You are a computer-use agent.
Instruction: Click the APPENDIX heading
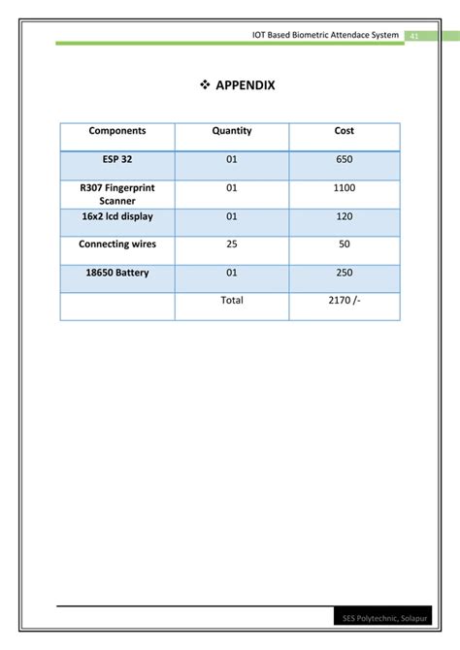pyautogui.click(x=245, y=85)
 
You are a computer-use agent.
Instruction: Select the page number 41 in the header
pyautogui.click(x=413, y=35)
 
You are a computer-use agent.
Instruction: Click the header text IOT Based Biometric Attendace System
pyautogui.click(x=325, y=35)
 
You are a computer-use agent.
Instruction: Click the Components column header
pyautogui.click(x=117, y=131)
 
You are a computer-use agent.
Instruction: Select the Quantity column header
pyautogui.click(x=232, y=131)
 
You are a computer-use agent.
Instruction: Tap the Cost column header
pyautogui.click(x=345, y=131)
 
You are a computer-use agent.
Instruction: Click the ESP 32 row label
pyautogui.click(x=117, y=160)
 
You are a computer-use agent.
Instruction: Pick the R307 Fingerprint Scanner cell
pyautogui.click(x=117, y=194)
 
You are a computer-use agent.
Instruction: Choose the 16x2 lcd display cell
pyautogui.click(x=117, y=216)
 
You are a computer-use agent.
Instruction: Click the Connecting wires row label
pyautogui.click(x=117, y=244)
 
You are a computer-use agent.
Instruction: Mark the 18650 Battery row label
pyautogui.click(x=117, y=273)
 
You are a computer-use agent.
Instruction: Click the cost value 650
pyautogui.click(x=345, y=160)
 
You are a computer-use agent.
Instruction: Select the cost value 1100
pyautogui.click(x=345, y=188)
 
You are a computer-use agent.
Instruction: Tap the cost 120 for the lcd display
pyautogui.click(x=345, y=216)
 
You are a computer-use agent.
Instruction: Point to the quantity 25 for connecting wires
pyautogui.click(x=232, y=244)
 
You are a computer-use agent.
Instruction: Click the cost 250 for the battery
pyautogui.click(x=345, y=273)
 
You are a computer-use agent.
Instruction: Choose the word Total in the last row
pyautogui.click(x=232, y=301)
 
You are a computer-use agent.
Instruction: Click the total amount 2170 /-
pyautogui.click(x=345, y=301)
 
